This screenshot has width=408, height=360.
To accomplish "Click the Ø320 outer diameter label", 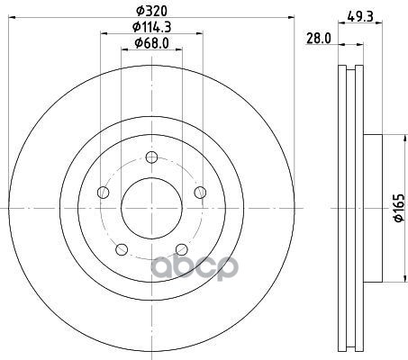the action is pos(151,12).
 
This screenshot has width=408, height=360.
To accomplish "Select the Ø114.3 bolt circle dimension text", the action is pos(152,27).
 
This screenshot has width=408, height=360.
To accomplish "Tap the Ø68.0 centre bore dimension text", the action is pos(152,43).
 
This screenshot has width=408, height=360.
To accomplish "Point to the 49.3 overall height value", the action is pos(360,16).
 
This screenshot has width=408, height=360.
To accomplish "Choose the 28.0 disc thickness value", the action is pos(319,39).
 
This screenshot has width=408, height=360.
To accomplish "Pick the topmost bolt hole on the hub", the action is pos(151,157).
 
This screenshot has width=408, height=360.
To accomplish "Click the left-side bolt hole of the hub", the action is pos(104,193).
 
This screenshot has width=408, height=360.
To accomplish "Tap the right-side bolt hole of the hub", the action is pos(200,193).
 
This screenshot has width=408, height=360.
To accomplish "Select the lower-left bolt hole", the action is pos(122,249).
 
